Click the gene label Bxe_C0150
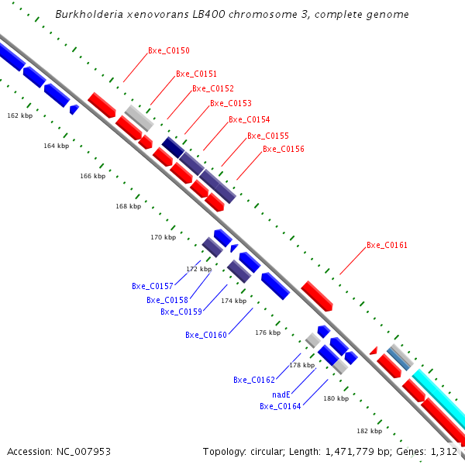(x=168, y=51)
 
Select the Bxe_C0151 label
(x=196, y=74)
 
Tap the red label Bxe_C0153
(x=230, y=104)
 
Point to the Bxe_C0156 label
(x=283, y=150)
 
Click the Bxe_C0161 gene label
(x=387, y=246)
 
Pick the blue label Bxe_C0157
(x=152, y=287)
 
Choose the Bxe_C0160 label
(x=205, y=336)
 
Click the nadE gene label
(x=281, y=394)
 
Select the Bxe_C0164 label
(x=280, y=406)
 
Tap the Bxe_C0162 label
(x=253, y=381)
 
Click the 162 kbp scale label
(x=19, y=115)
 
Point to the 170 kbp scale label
(x=163, y=237)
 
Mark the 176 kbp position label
(x=267, y=332)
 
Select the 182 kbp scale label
(x=369, y=431)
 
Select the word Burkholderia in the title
(x=84, y=15)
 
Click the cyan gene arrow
(x=439, y=400)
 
